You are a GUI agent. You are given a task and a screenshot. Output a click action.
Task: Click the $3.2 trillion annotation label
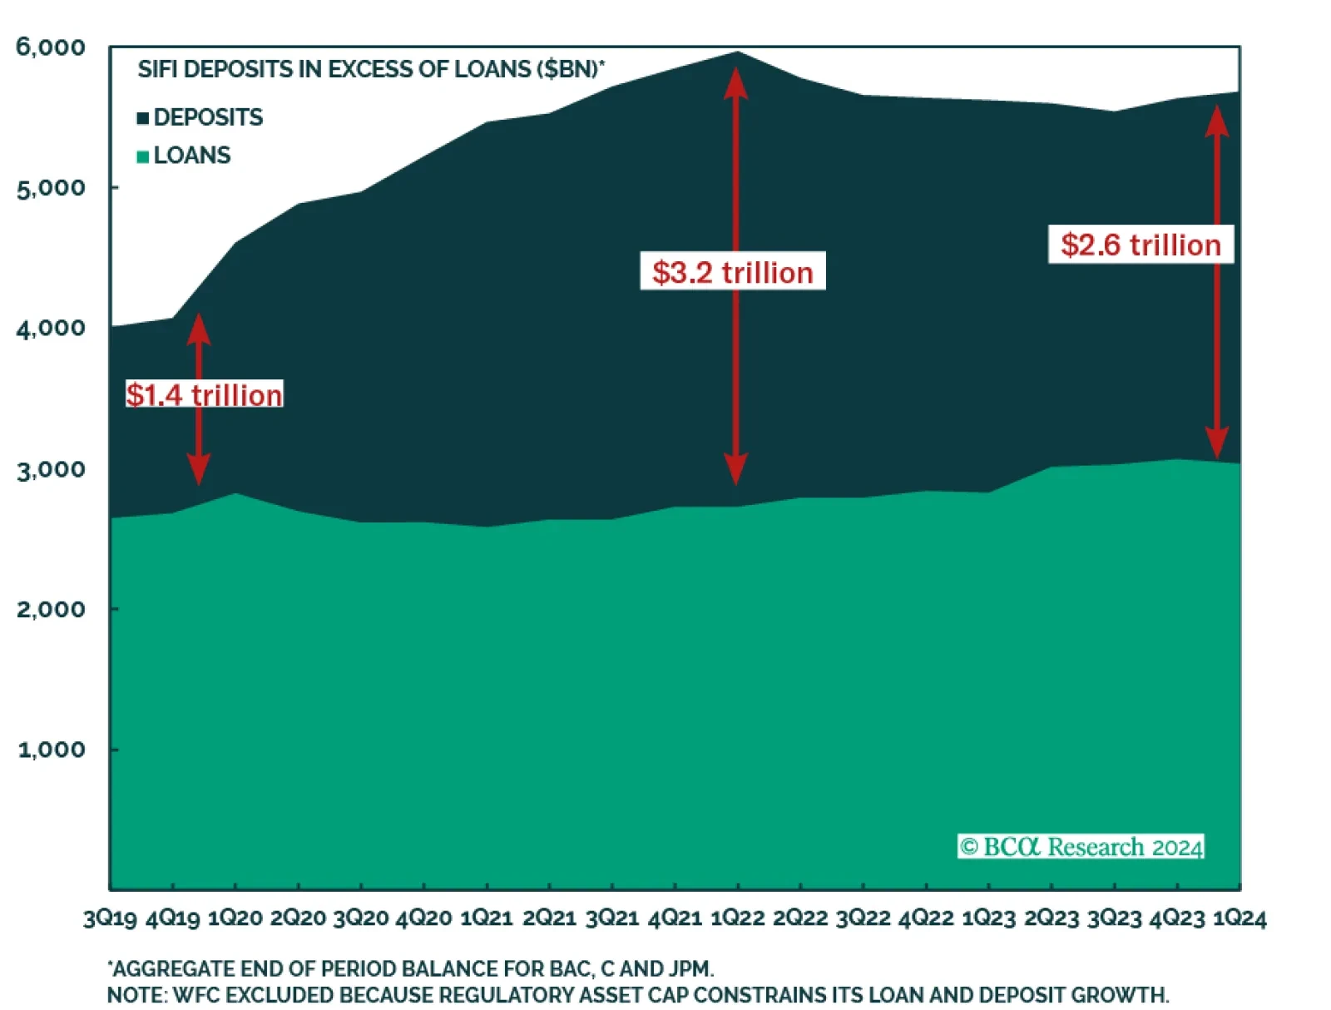[x=732, y=272]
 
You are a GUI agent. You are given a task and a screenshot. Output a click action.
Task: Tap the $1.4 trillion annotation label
[x=205, y=394]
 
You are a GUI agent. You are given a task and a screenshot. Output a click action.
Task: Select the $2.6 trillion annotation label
[x=1141, y=245]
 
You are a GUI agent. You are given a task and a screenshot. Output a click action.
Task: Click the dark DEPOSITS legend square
[x=143, y=118]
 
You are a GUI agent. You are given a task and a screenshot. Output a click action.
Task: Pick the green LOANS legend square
[x=143, y=156]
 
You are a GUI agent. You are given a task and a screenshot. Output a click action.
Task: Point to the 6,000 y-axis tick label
[x=51, y=47]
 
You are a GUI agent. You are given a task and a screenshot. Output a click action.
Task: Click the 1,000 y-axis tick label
[x=52, y=750]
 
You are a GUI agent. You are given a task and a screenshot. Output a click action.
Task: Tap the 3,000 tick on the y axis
[x=52, y=469]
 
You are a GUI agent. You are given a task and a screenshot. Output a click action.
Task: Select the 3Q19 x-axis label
[x=110, y=918]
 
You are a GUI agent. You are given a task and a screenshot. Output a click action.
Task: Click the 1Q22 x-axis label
[x=737, y=918]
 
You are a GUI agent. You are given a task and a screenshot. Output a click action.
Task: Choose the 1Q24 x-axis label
[x=1239, y=918]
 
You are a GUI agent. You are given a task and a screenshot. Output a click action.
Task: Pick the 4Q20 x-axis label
[x=423, y=918]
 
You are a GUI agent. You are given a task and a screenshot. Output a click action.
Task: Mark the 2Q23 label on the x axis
[x=1051, y=918]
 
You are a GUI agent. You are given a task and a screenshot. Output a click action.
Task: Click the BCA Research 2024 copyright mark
[x=1081, y=847]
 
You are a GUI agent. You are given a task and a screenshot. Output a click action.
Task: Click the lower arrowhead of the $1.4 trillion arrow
[x=198, y=471]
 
